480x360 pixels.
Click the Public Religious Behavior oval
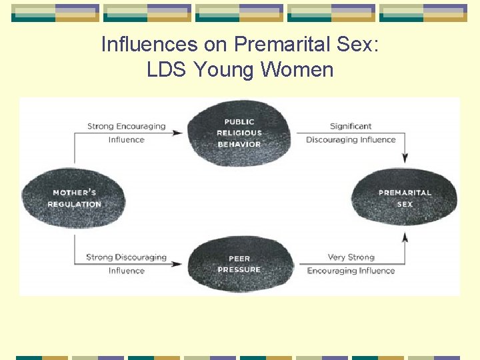click(x=239, y=133)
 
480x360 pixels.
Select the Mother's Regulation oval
click(x=73, y=199)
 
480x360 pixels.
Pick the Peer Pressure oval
click(x=239, y=263)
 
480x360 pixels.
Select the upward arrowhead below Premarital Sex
click(x=405, y=237)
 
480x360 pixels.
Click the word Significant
click(x=351, y=126)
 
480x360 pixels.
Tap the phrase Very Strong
click(x=351, y=257)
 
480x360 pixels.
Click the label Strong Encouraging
click(x=126, y=126)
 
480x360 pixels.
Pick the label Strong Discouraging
click(x=126, y=257)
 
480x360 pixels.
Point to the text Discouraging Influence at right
click(x=351, y=140)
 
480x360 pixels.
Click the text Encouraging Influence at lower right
click(x=351, y=271)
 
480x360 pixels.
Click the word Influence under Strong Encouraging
click(x=126, y=140)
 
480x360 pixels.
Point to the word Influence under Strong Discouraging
click(x=126, y=271)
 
